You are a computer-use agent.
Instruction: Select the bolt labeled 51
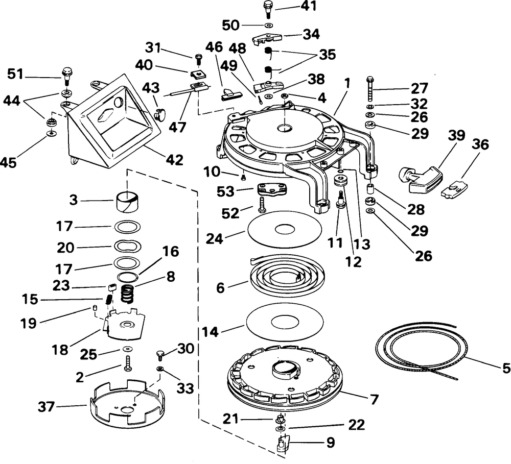(x=66, y=76)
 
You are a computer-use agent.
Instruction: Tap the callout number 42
(x=174, y=160)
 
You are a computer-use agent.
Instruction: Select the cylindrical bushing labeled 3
(x=128, y=202)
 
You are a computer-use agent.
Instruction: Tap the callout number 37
(x=46, y=406)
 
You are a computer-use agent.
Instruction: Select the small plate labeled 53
(x=272, y=190)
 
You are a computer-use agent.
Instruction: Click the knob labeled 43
(x=159, y=114)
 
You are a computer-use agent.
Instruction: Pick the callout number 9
(x=331, y=442)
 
